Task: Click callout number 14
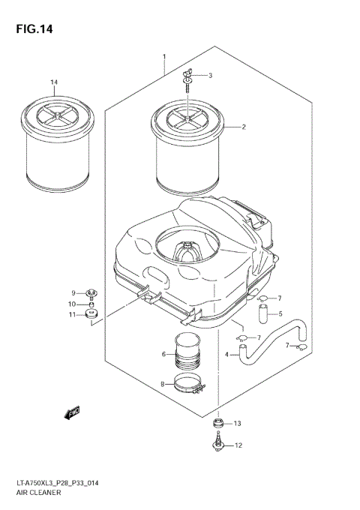click(54, 82)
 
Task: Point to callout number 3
click(210, 75)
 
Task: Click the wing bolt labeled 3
click(185, 79)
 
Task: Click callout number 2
click(244, 127)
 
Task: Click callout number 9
click(74, 292)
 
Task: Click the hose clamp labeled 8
click(188, 386)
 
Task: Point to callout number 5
click(280, 313)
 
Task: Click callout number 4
click(226, 354)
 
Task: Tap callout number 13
click(238, 424)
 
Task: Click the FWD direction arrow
click(73, 412)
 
